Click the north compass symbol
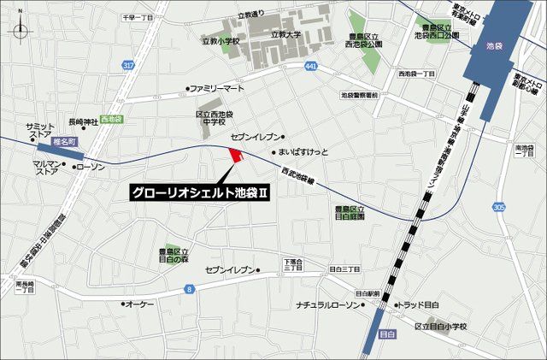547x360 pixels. point(21,32)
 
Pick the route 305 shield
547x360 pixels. point(498,207)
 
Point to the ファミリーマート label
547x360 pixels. point(216,88)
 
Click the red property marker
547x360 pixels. point(236,155)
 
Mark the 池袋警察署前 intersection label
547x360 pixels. point(359,96)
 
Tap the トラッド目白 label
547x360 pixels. point(419,304)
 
